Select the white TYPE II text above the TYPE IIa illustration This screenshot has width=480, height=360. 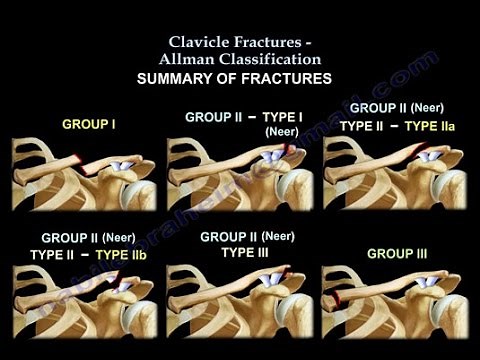pyautogui.click(x=364, y=126)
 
